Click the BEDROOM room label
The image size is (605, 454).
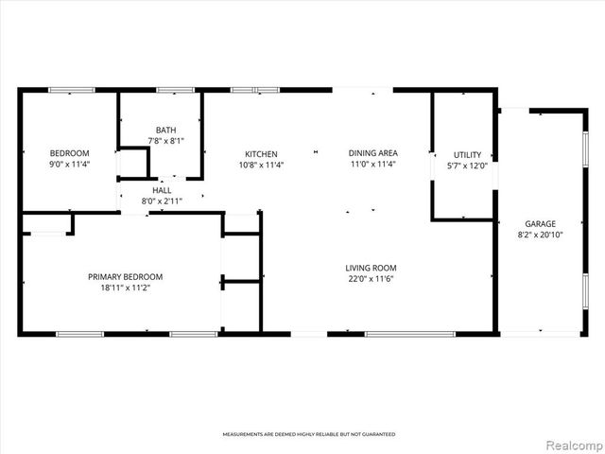(x=69, y=153)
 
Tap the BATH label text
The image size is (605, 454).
(x=165, y=131)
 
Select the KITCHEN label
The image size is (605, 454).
(x=261, y=153)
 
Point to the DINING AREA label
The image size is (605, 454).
(x=372, y=153)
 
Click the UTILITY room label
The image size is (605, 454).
(x=467, y=154)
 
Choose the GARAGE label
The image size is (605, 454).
(x=541, y=223)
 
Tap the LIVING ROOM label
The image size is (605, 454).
(x=371, y=268)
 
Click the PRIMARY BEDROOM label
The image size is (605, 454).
(x=125, y=276)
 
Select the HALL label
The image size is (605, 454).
(x=162, y=190)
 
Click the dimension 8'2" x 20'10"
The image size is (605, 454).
(x=541, y=235)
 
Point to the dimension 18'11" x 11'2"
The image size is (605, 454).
(x=125, y=288)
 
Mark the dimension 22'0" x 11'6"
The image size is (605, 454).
(x=371, y=279)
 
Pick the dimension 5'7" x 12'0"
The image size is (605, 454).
(x=467, y=166)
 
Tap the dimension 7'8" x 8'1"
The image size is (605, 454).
(x=165, y=142)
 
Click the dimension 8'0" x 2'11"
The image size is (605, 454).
(x=162, y=201)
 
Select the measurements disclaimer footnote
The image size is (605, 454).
(x=308, y=434)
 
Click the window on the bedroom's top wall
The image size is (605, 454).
(x=72, y=90)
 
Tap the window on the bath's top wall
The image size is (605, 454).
(x=175, y=90)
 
